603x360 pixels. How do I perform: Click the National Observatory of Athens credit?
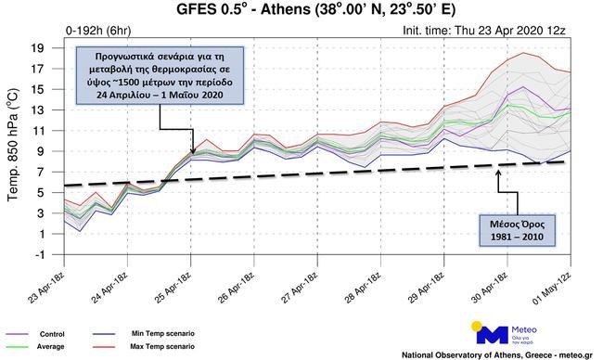(499, 354)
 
